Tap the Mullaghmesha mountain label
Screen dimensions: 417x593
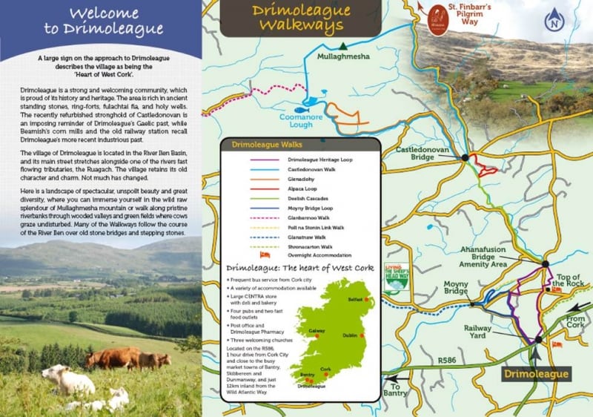tap(342, 56)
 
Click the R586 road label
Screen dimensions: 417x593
tap(447, 360)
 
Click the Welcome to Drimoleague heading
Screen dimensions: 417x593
tap(100, 22)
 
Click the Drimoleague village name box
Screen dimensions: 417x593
tap(535, 374)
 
